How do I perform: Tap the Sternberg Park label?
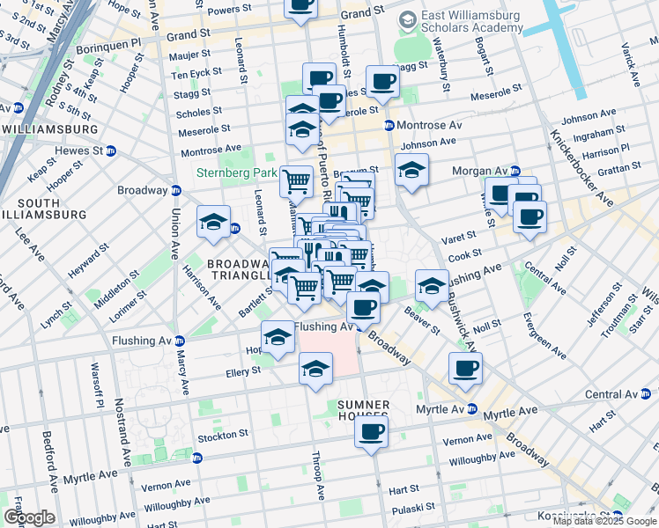[x=236, y=172]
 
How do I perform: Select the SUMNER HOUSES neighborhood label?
[x=362, y=410]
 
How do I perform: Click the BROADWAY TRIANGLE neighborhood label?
[x=238, y=269]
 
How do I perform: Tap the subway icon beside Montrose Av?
[x=389, y=125]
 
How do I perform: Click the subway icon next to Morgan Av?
[x=515, y=170]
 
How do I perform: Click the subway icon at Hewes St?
[x=110, y=150]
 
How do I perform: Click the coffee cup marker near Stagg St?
[x=382, y=82]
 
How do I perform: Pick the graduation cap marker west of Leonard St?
[x=213, y=224]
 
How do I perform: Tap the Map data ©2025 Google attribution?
[x=603, y=521]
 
